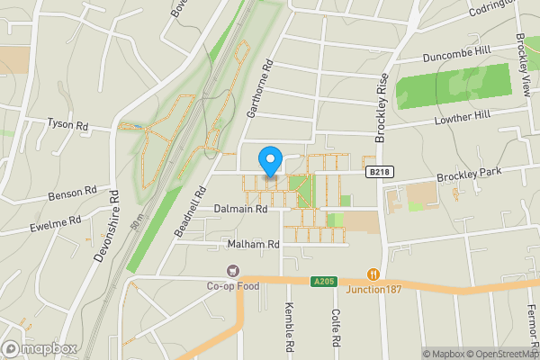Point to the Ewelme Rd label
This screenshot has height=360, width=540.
pos(56,220)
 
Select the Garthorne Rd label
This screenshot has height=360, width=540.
pos(258,90)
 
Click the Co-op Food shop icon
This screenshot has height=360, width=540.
pos(234,270)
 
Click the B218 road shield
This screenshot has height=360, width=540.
pos(377,171)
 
